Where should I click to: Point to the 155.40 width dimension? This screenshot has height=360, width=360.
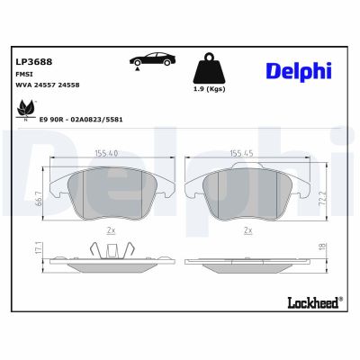[x=106, y=153]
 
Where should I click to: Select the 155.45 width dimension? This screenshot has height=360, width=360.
[x=240, y=153]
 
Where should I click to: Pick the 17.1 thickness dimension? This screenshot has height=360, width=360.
[x=36, y=247]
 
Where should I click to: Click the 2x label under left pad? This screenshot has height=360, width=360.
[x=110, y=230]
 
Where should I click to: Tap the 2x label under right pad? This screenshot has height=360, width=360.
[x=247, y=230]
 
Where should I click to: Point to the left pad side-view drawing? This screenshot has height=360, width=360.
[x=106, y=257]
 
